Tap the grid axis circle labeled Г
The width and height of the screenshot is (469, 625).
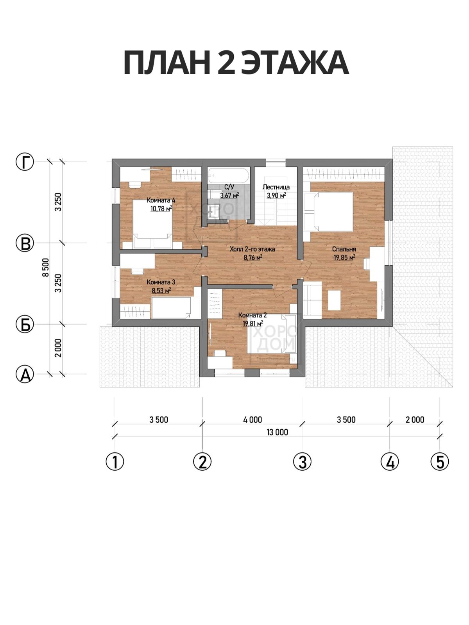click(x=25, y=162)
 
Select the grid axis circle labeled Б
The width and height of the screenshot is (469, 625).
click(x=25, y=324)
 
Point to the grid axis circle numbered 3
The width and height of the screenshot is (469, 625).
click(x=303, y=462)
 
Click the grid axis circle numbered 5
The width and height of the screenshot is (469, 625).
click(x=440, y=462)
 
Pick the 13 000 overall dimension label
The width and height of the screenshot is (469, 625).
click(x=277, y=432)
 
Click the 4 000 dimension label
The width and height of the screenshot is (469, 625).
click(x=252, y=420)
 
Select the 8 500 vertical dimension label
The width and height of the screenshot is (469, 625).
click(x=46, y=268)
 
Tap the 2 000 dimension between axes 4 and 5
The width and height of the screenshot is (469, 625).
click(x=415, y=420)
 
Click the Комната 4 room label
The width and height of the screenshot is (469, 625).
click(x=161, y=200)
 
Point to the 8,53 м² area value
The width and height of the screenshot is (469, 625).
click(x=161, y=291)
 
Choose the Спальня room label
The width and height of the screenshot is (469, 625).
click(x=344, y=249)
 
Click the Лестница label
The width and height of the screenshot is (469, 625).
click(x=276, y=187)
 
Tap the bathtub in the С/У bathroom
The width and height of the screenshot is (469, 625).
click(x=229, y=175)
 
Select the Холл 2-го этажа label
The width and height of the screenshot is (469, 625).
click(x=252, y=249)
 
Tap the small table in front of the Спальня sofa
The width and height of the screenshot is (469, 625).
click(x=334, y=300)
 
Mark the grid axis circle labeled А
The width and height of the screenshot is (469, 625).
click(x=25, y=374)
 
